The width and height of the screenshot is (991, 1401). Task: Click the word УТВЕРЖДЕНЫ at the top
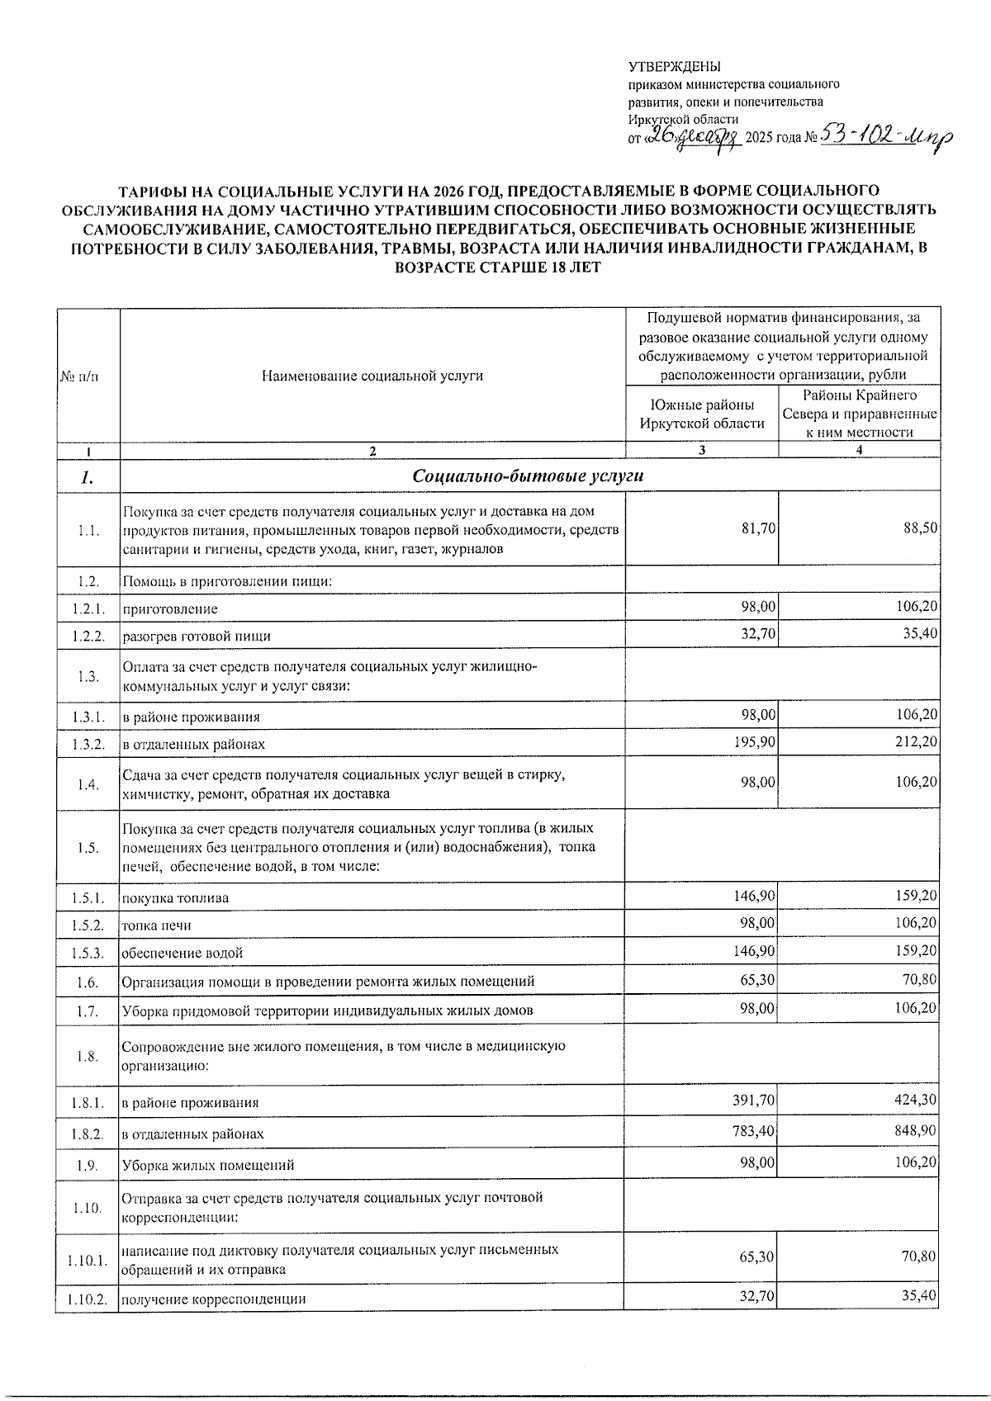(674, 67)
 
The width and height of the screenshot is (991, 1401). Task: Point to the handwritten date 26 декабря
(692, 138)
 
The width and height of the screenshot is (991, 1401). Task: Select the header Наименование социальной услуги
(372, 376)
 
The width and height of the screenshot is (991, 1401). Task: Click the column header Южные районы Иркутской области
(701, 414)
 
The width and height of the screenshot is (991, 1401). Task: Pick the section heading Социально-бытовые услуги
(528, 476)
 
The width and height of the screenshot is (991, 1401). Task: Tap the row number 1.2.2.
(88, 636)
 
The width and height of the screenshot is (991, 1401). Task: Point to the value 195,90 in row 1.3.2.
(755, 741)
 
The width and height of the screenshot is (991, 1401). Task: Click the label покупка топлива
(176, 897)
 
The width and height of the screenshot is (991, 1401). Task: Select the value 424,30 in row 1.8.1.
(917, 1099)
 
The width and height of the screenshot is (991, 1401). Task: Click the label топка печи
(157, 925)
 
